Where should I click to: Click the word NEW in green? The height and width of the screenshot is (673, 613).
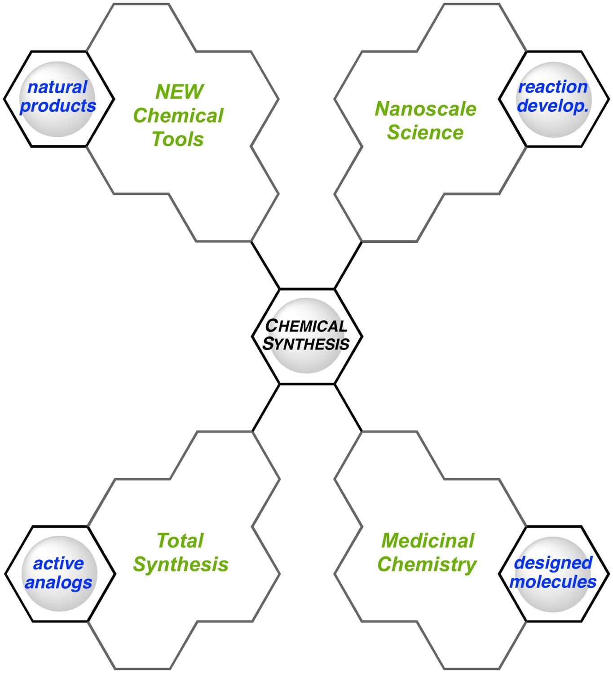pos(180,92)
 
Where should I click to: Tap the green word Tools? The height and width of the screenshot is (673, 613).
pos(178,139)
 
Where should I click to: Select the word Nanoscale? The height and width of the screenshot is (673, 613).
pos(425,109)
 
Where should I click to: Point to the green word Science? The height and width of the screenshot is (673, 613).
pos(425,132)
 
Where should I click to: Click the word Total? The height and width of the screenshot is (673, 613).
pos(180,541)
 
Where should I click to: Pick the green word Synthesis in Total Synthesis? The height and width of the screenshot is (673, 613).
pos(181,564)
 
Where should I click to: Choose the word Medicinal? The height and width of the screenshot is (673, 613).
pos(428,541)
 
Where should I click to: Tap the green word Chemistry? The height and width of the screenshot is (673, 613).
pos(427,564)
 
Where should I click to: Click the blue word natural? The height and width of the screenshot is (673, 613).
pos(57,87)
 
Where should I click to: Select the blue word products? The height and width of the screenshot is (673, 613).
pos(58,106)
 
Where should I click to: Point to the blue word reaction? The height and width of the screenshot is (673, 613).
pos(553,87)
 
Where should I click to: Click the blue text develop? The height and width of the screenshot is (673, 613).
pos(553,106)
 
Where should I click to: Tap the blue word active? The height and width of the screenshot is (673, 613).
pos(58,563)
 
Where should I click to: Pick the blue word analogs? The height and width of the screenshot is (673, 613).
pos(58,582)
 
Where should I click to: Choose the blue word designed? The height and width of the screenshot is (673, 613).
pos(553,563)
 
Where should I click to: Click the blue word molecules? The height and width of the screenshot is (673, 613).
pos(553,582)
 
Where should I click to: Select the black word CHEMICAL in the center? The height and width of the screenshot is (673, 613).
pos(306,326)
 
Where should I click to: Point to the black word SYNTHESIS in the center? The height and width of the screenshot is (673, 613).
pos(306,344)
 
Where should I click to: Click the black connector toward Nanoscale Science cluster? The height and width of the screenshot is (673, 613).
pos(348,265)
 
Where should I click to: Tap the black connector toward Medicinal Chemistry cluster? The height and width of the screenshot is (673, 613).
pos(348,408)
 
